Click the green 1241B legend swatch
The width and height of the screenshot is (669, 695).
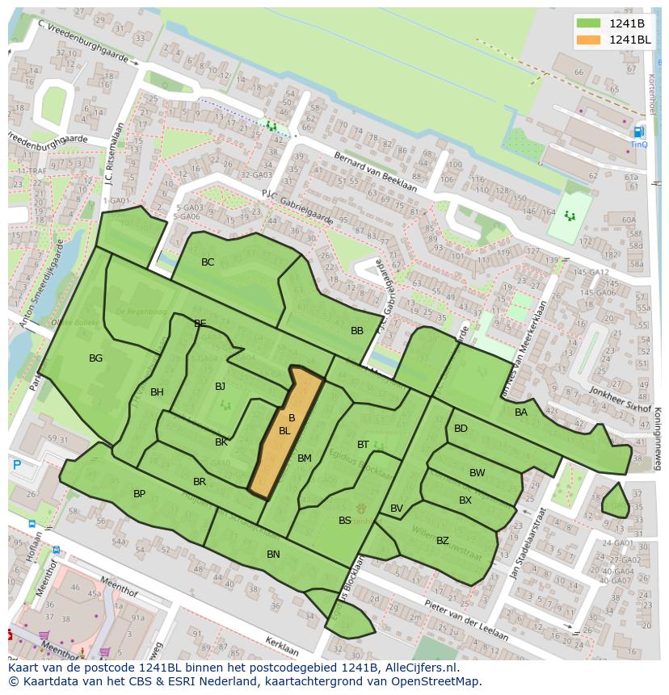(589, 23)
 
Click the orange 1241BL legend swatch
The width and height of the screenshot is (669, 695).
(589, 40)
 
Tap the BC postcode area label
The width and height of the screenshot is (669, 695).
(208, 262)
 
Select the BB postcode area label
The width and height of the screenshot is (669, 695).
(357, 331)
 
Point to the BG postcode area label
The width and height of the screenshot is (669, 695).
(95, 358)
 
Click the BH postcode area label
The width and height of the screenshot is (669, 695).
(157, 393)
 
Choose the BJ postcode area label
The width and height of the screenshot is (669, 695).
(220, 387)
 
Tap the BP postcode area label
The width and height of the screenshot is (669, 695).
(139, 494)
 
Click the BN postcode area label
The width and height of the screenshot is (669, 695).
(273, 555)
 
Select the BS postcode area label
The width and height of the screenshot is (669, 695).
(345, 521)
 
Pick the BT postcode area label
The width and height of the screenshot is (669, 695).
(363, 445)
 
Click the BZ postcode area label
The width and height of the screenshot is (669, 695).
(442, 541)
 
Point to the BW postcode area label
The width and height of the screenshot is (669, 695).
(477, 473)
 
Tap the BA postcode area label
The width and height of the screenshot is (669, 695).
(521, 412)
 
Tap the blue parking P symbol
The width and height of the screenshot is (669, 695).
(17, 465)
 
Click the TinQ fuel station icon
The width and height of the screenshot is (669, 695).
(639, 132)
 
